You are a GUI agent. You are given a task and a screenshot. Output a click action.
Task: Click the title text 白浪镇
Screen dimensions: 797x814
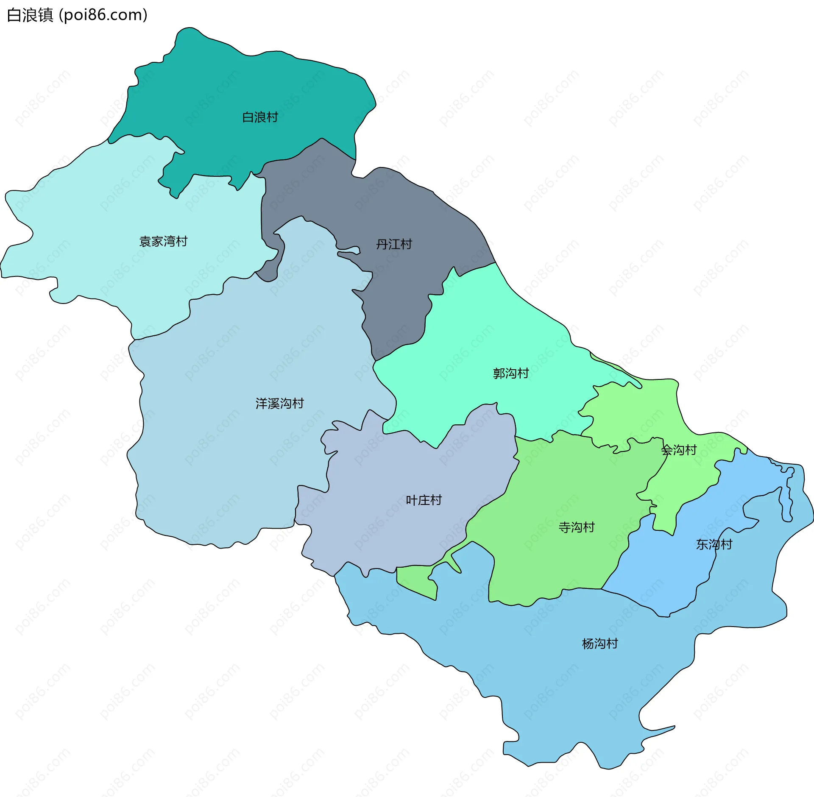coord(30,15)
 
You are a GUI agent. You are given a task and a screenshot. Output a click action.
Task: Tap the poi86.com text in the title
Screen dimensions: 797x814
coord(103,15)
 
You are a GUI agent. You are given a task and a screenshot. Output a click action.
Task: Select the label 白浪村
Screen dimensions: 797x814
coord(260,117)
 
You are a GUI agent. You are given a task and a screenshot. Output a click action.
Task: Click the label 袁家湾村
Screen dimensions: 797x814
coord(163,241)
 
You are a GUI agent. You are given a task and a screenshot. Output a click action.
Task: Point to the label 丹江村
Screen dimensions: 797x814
coord(394,244)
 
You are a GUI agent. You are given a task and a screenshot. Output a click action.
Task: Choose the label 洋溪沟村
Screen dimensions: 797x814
coord(279,403)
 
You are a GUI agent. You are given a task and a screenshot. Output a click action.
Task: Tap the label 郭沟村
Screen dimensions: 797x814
coord(510,373)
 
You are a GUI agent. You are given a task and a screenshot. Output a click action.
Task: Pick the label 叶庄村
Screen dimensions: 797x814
coord(424,500)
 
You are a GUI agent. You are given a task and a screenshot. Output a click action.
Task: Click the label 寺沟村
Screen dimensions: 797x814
coord(577,527)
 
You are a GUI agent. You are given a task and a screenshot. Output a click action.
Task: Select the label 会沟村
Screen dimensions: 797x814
coord(679,450)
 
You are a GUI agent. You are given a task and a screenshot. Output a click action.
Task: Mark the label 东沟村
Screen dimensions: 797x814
coord(714,544)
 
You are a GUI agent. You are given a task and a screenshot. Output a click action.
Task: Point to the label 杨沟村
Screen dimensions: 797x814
coord(600,644)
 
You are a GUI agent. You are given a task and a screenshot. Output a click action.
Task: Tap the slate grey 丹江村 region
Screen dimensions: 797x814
coord(382,203)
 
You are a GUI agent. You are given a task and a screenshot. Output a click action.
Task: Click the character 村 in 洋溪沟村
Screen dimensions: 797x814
coord(298,403)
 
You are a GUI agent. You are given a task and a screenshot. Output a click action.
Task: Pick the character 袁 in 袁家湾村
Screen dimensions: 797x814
coord(145,241)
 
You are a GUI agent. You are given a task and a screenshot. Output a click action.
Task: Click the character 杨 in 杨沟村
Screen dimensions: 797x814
coord(587,644)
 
